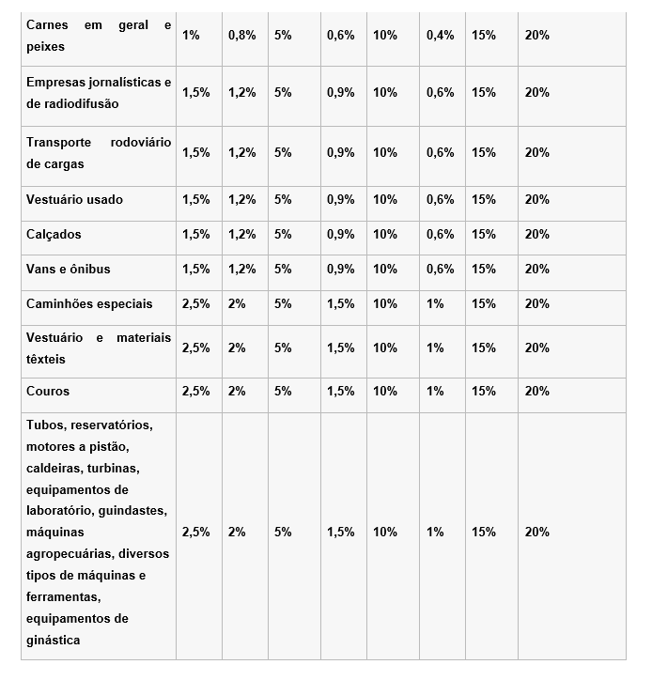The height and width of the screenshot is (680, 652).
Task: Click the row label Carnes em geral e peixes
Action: coord(99,36)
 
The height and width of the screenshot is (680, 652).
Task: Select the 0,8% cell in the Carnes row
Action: coord(241,35)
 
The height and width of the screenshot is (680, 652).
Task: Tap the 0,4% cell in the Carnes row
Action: coord(440,35)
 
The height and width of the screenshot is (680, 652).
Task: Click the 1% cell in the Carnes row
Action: coord(191,35)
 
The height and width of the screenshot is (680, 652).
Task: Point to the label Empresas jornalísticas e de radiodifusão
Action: coord(99,93)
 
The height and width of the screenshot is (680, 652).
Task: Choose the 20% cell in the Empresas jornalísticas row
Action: coord(537,93)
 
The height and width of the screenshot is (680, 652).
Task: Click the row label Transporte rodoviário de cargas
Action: coord(99,152)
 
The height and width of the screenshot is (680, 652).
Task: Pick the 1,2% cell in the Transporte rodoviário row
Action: coord(241,152)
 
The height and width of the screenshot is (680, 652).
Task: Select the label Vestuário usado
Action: coord(75,199)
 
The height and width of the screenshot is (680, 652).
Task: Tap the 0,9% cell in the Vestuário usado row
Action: coord(340,199)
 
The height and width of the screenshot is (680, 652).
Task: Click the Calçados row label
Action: coord(54,234)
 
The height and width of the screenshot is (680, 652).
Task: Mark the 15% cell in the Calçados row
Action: coord(484,234)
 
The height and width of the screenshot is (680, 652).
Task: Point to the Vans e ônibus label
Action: coord(69,269)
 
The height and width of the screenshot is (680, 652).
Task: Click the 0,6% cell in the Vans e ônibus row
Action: coord(440,269)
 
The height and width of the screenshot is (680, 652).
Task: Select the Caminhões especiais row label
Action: coord(89,303)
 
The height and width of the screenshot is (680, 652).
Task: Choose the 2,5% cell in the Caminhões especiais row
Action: coord(195,303)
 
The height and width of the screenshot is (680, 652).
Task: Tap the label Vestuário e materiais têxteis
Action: coord(99,348)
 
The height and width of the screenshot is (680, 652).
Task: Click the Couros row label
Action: coord(48,391)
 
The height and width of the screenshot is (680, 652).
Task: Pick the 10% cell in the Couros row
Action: coord(385,391)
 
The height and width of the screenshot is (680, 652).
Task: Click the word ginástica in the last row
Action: coord(54,641)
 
